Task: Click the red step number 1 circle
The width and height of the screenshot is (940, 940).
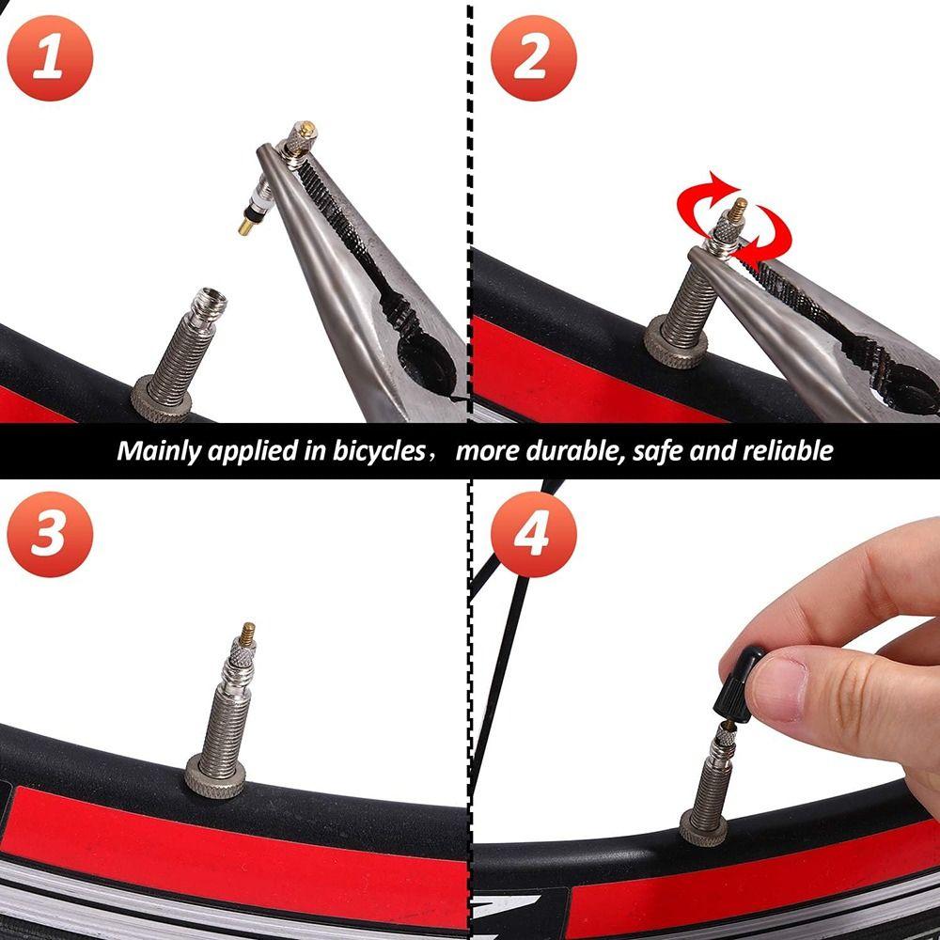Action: (49, 58)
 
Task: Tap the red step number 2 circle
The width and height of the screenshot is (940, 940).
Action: (531, 58)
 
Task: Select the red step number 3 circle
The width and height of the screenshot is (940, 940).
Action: (49, 533)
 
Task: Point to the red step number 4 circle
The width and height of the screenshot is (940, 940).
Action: (531, 533)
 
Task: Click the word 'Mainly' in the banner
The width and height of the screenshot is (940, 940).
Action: (153, 450)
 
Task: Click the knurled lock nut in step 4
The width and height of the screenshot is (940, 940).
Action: (703, 829)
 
